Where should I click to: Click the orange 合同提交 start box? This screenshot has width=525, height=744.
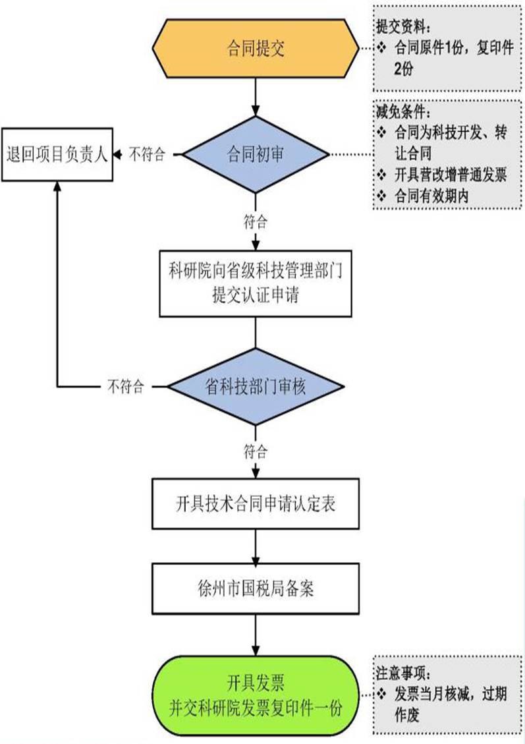point(255,49)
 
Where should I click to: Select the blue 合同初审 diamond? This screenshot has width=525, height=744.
point(255,156)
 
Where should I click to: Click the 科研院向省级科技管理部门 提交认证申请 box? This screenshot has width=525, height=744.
point(255,282)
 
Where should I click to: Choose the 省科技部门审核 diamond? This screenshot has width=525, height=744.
point(255,387)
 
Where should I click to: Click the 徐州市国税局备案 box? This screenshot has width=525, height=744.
point(255,588)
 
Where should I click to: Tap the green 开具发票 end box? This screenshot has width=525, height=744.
point(255,696)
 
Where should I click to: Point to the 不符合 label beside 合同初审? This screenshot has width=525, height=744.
point(146,156)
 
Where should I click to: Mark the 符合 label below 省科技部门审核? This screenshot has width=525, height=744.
point(255,451)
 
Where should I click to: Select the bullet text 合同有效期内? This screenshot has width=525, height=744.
point(431,196)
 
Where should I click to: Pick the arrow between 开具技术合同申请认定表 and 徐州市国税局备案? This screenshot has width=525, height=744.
point(255,545)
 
